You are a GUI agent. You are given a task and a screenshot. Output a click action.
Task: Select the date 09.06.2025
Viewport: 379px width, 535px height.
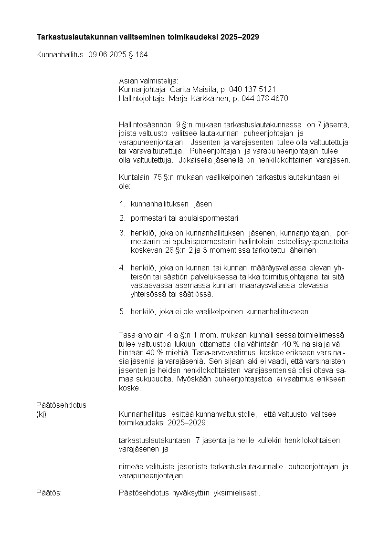point(107,55)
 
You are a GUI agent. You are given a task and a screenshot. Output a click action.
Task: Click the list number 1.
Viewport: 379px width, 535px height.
point(122,204)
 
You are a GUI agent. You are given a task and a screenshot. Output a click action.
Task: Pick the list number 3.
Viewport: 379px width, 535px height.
point(122,233)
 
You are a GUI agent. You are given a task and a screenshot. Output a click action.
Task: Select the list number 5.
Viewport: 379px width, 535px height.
point(122,312)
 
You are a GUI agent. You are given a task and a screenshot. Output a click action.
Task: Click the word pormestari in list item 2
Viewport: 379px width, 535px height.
point(148,218)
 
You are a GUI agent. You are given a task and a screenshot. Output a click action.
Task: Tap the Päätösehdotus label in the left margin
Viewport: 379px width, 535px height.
point(61,405)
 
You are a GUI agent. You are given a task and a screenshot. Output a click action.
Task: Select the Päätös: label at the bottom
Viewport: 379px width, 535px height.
point(49,493)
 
